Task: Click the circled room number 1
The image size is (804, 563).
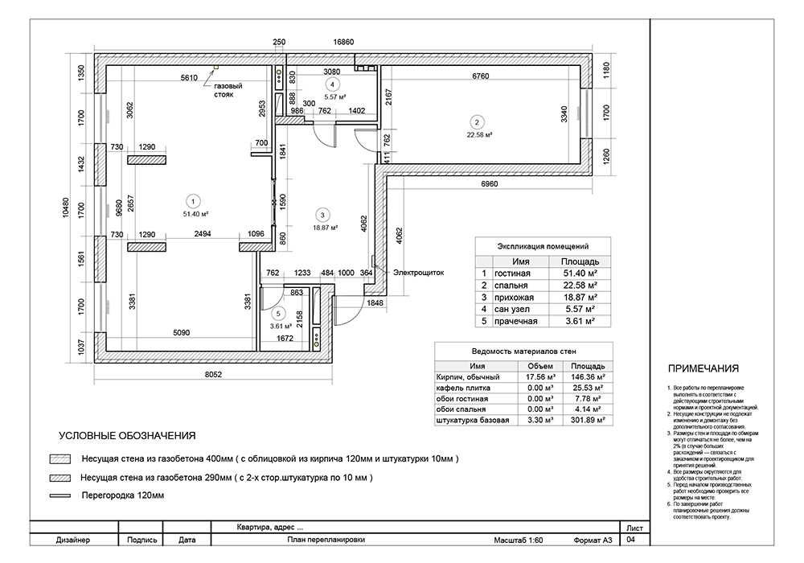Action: tap(192, 201)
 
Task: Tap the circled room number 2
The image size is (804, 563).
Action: tap(476, 122)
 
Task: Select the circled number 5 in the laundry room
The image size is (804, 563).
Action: tap(278, 314)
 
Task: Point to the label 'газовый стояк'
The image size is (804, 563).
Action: tap(228, 90)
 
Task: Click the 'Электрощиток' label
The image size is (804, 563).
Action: tap(418, 273)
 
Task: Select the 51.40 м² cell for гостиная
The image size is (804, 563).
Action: tap(579, 273)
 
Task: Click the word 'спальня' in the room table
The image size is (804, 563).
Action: tap(511, 286)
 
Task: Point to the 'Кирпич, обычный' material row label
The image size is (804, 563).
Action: tap(467, 376)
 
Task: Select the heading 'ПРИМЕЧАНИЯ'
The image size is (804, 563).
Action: tap(703, 369)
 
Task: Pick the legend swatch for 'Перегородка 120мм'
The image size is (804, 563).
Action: tap(59, 495)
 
